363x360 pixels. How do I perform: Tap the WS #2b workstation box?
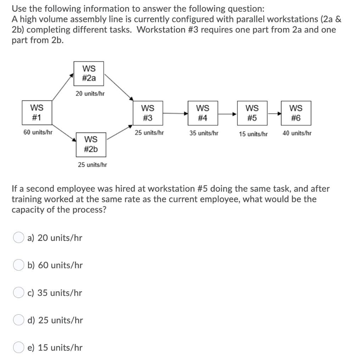point(90,144)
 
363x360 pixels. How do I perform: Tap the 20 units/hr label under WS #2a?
point(90,94)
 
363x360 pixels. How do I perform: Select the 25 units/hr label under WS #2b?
point(93,164)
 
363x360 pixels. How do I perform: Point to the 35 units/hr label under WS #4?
point(204,134)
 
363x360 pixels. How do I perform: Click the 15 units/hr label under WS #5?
point(253,134)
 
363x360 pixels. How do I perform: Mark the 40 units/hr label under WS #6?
point(297,134)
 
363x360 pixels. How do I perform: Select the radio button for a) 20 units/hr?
point(18,238)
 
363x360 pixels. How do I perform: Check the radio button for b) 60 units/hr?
point(18,265)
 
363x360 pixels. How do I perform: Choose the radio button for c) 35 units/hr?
point(18,293)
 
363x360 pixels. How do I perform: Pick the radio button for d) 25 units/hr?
point(18,320)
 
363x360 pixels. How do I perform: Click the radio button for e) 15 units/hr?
point(18,348)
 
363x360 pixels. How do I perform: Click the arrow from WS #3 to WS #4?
point(175,113)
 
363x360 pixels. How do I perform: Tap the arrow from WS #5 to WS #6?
point(275,114)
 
